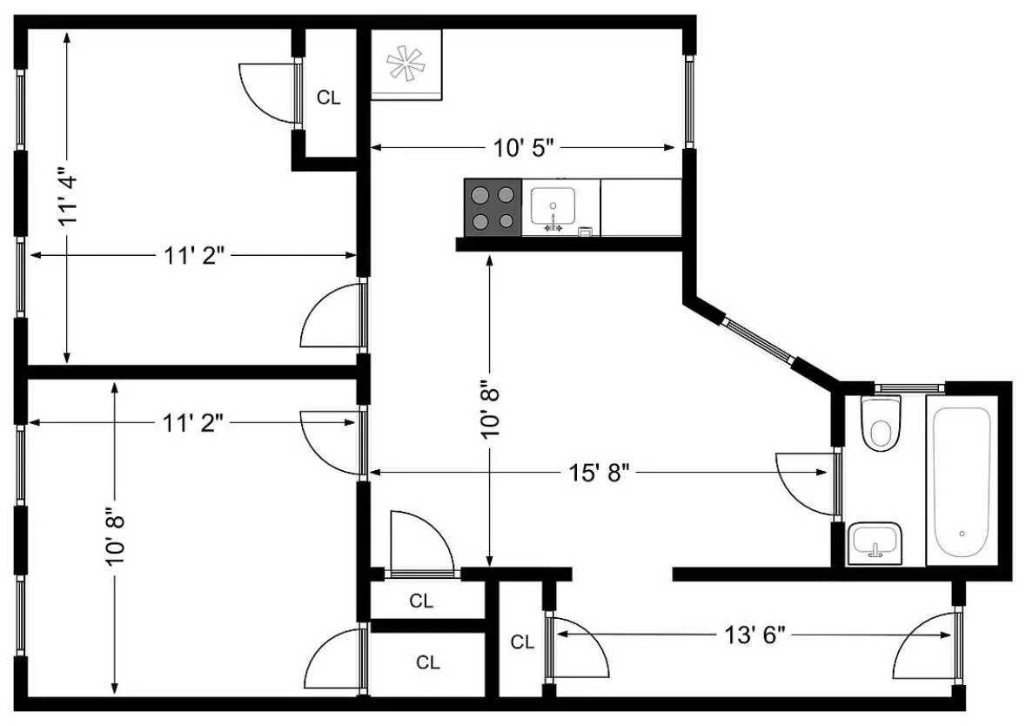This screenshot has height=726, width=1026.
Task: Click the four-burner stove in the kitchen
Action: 493,207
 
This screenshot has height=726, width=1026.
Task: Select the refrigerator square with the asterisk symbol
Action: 406,64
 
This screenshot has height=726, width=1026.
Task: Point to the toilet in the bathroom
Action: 880,424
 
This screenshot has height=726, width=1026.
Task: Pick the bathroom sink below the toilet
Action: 874,542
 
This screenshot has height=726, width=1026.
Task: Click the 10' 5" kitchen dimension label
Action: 524,148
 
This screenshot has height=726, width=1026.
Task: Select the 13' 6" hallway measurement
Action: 754,635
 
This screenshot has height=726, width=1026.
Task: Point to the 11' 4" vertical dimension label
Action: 68,197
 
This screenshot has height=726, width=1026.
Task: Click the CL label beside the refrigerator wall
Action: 328,97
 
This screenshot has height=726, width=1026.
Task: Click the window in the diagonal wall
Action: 758,341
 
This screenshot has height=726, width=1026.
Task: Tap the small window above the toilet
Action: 909,387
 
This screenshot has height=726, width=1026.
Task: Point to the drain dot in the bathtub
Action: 962,533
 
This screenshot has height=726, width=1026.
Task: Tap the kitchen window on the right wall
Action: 688,100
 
